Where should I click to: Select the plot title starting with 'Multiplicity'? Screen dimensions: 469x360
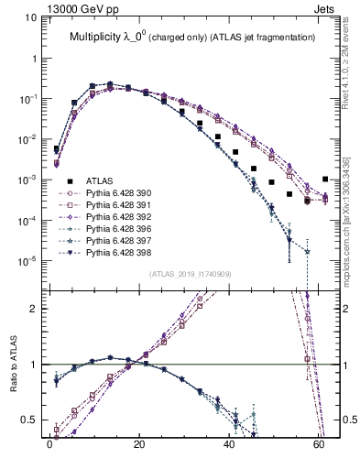192,37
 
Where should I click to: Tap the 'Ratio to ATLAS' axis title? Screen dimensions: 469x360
12,364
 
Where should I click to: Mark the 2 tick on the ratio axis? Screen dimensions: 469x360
37,309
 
